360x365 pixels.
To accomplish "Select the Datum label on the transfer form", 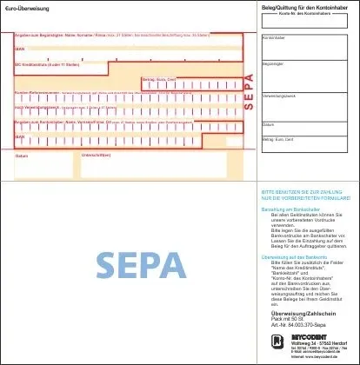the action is tap(22, 156).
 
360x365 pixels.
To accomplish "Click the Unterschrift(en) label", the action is tap(96, 156).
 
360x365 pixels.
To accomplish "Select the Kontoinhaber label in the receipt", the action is tap(275, 38).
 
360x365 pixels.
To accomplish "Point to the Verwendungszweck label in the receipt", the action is tap(278, 95).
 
